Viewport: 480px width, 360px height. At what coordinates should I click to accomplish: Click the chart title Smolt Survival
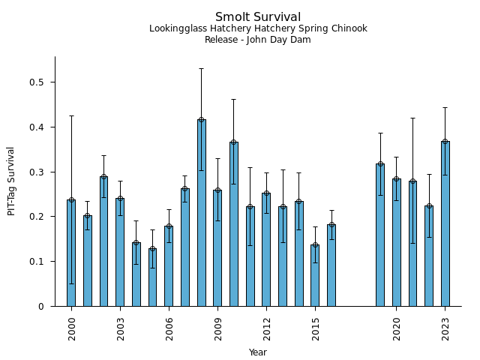(x=258, y=17)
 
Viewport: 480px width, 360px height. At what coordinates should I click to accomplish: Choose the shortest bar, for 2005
(x=152, y=277)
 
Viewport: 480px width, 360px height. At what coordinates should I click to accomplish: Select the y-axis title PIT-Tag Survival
(x=12, y=181)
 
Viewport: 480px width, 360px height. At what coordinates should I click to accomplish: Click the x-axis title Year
(x=258, y=352)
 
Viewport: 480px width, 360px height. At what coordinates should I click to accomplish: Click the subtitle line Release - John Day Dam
(x=258, y=40)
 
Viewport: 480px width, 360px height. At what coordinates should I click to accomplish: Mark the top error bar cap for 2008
(x=201, y=68)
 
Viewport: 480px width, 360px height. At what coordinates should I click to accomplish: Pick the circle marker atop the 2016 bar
(x=331, y=224)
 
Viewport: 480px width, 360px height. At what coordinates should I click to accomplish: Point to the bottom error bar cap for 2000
(x=71, y=283)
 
